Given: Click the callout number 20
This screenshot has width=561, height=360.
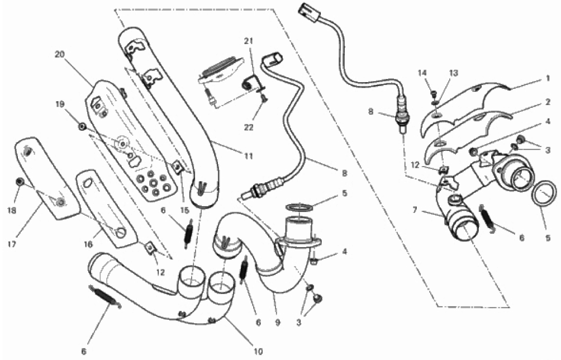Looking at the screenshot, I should (59, 54).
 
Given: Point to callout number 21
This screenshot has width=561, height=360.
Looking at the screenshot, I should (248, 41).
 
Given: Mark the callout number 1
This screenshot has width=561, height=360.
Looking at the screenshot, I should (549, 79).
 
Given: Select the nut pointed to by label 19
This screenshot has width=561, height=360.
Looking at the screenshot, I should (82, 126).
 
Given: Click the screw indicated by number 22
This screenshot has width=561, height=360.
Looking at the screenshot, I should (264, 98).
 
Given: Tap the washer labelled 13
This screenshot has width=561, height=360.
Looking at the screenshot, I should (436, 101).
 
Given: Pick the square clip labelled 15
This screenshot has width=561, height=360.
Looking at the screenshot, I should (177, 165).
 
